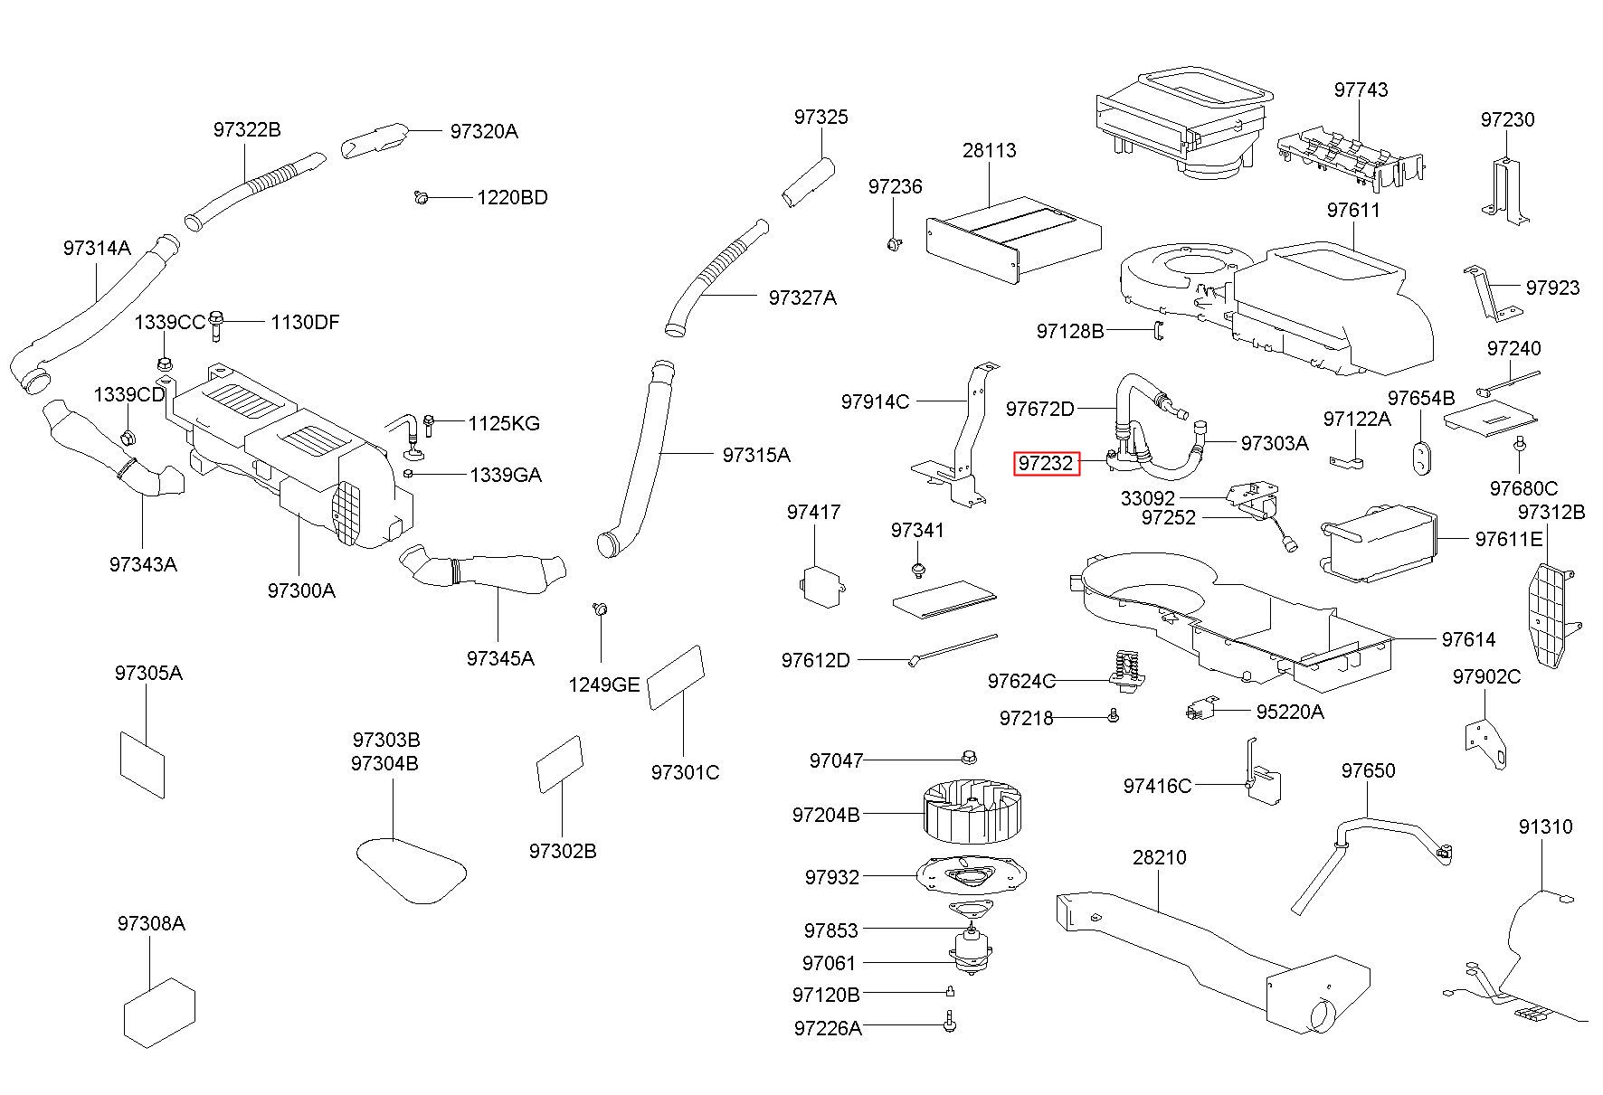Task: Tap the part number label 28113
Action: pos(989,150)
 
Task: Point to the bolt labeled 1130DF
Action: pos(215,325)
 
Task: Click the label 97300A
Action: pos(301,590)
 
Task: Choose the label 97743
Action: pos(1361,90)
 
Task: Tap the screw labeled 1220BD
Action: pos(421,196)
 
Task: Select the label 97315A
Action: pos(755,455)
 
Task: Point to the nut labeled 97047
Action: pos(969,756)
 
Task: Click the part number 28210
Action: pos(1159,856)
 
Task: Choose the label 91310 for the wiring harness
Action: pos(1545,826)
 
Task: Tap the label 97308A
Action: pos(151,923)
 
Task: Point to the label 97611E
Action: pos(1508,539)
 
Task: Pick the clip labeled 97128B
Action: pos(1157,332)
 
